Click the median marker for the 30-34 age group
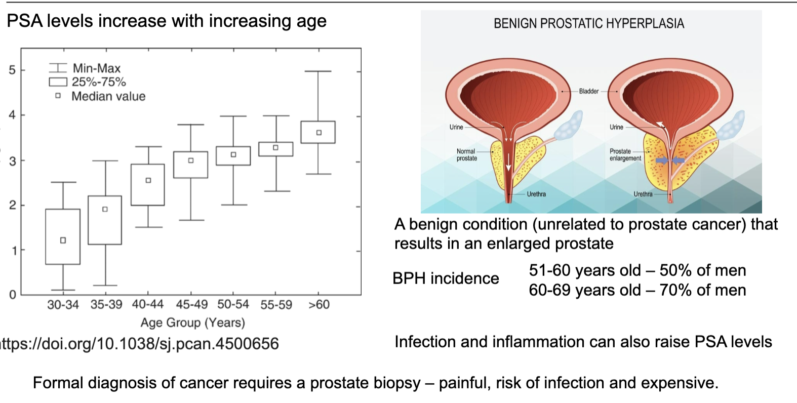click(63, 240)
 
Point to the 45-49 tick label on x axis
click(191, 305)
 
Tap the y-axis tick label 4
click(12, 115)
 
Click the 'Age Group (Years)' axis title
click(192, 323)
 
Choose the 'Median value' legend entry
click(108, 96)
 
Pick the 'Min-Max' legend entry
click(96, 68)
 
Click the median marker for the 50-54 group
click(233, 154)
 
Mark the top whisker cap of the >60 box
click(318, 71)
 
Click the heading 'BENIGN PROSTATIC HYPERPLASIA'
click(588, 23)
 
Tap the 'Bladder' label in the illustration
click(588, 91)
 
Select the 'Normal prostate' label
click(466, 154)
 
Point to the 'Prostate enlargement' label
click(625, 154)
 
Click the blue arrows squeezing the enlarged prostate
click(670, 160)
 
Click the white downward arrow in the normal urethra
click(508, 163)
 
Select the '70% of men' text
click(703, 290)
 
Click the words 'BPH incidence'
click(446, 278)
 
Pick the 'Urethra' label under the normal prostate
click(536, 194)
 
